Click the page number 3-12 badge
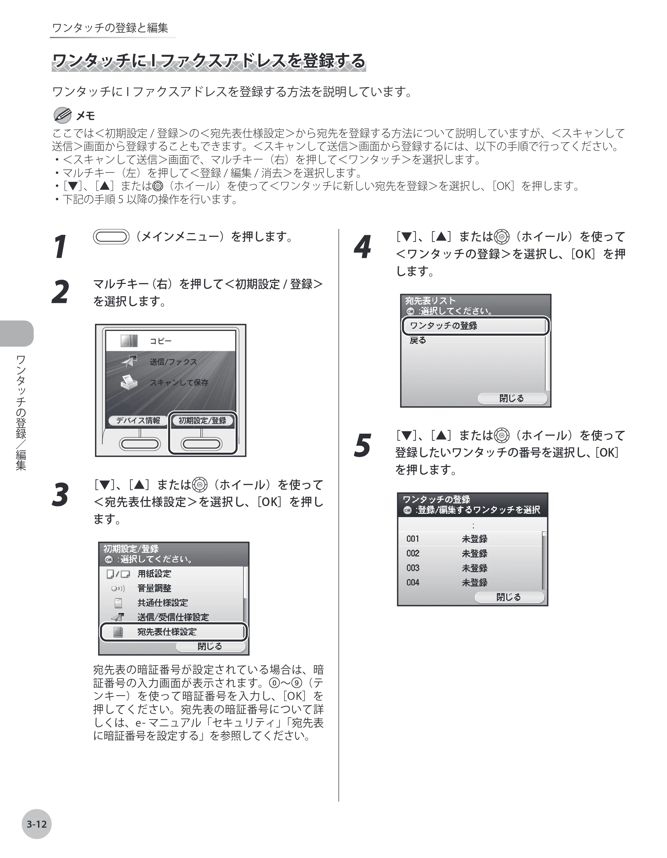click(x=37, y=824)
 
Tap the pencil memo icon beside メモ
click(x=62, y=115)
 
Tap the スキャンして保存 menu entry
click(x=179, y=382)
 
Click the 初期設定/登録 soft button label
click(x=202, y=420)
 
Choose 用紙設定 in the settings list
click(x=154, y=573)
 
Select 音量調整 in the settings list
click(x=154, y=588)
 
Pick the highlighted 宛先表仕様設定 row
click(x=173, y=632)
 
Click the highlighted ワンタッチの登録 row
click(x=475, y=326)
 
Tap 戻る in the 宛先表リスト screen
click(x=418, y=340)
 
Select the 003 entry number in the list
click(x=413, y=568)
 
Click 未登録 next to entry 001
click(x=475, y=539)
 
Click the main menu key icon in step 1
click(x=111, y=237)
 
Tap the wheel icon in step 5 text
click(x=502, y=435)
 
